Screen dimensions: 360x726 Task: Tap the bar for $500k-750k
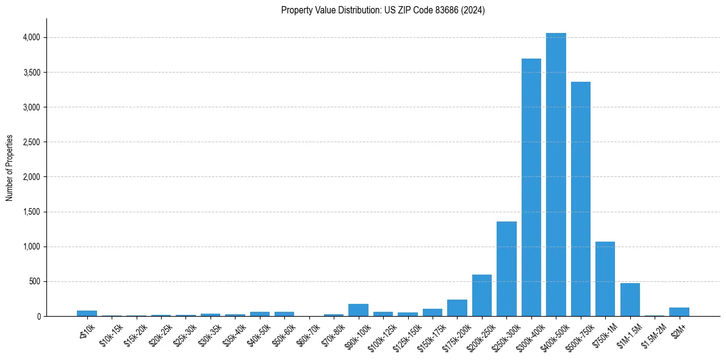[580, 199]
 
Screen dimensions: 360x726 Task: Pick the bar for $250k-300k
[506, 268]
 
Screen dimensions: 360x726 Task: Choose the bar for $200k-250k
[482, 295]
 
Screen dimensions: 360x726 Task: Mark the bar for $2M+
[679, 312]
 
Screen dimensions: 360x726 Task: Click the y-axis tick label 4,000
[31, 38]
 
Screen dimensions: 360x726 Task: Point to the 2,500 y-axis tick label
[31, 142]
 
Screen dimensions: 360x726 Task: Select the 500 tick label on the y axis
[34, 282]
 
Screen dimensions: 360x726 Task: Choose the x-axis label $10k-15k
[111, 335]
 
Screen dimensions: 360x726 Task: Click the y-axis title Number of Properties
[10, 168]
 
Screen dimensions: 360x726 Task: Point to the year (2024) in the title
[472, 10]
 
